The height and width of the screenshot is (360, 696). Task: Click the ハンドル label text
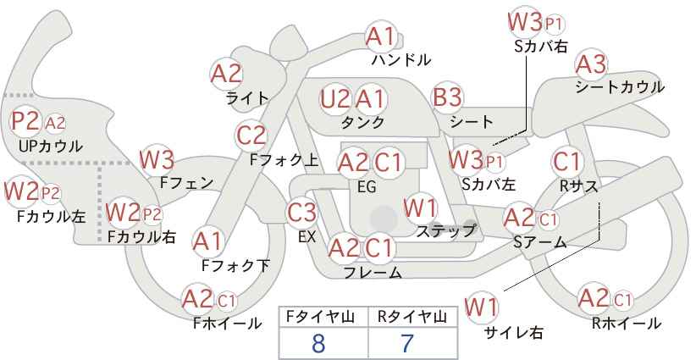[401, 60]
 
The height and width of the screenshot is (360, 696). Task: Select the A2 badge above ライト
[226, 74]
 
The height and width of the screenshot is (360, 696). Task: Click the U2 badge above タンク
[335, 99]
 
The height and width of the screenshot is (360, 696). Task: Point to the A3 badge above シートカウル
[591, 64]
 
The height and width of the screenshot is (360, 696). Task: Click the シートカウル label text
[619, 86]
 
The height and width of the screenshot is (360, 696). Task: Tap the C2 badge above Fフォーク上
[251, 135]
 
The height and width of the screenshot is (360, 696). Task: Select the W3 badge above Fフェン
[157, 159]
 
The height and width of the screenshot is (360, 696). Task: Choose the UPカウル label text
[51, 146]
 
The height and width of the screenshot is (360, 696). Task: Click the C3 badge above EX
[302, 212]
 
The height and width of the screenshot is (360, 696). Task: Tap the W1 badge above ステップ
[420, 207]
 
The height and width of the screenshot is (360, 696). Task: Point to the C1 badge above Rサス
[566, 161]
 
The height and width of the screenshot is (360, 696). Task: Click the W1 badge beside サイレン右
[482, 306]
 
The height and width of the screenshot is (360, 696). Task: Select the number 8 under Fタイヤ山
[318, 343]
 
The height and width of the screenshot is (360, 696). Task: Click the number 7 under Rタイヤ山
[406, 343]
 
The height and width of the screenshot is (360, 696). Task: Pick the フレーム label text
[373, 273]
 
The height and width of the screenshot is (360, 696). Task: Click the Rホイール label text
[627, 323]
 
